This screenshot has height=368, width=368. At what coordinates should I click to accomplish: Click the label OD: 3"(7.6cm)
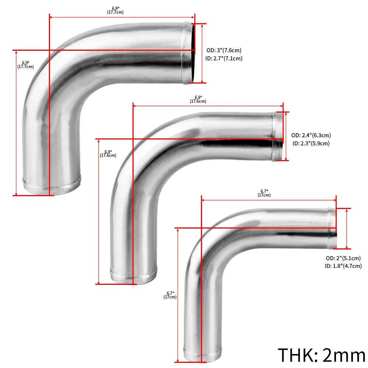pos(224,50)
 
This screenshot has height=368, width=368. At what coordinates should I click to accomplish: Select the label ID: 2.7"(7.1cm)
pos(224,59)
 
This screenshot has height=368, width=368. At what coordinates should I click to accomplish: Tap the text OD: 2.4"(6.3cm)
pos(311,135)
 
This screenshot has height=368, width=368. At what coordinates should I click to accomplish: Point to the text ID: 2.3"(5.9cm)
pos(311,144)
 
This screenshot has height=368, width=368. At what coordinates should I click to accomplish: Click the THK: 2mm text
pos(321,355)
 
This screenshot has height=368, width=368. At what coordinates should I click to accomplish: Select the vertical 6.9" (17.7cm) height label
pos(25,65)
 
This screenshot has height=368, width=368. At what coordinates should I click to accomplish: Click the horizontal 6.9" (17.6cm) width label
pos(198,99)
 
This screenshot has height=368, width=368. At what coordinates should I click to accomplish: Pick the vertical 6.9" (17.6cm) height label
pos(108,153)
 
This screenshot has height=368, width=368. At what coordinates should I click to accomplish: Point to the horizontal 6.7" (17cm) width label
pos(264,193)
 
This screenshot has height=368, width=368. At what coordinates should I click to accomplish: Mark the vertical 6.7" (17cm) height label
pos(170,295)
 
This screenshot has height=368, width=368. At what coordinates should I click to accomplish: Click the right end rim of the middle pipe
pos(277,136)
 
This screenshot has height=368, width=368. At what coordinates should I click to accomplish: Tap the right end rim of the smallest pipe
pos(332,228)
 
